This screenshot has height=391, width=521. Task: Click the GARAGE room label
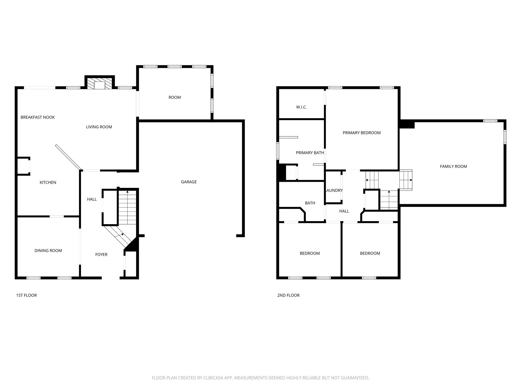coord(189,182)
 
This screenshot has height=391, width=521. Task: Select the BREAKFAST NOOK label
coord(38,117)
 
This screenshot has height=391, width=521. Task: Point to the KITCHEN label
coord(48,182)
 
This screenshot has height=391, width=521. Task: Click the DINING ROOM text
coord(48,250)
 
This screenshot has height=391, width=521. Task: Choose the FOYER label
coord(101,254)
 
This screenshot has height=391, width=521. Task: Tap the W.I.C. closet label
coord(301,107)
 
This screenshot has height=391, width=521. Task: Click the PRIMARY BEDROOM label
coord(362,133)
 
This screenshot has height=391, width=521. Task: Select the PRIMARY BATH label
coord(310,153)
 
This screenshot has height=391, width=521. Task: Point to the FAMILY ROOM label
coord(454,166)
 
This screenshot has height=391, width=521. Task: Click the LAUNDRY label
coord(334,190)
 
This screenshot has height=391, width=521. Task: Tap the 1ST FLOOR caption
coord(26,295)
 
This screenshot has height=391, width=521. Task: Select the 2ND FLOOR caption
coord(288,295)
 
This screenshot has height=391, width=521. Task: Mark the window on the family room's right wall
coord(505,137)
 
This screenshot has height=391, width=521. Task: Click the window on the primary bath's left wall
coord(278,151)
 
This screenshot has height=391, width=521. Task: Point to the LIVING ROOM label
coord(99,127)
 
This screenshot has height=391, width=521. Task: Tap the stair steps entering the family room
coord(406,180)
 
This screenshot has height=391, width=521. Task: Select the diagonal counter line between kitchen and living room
coord(68,157)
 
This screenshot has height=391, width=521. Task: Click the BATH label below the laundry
coord(310,203)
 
